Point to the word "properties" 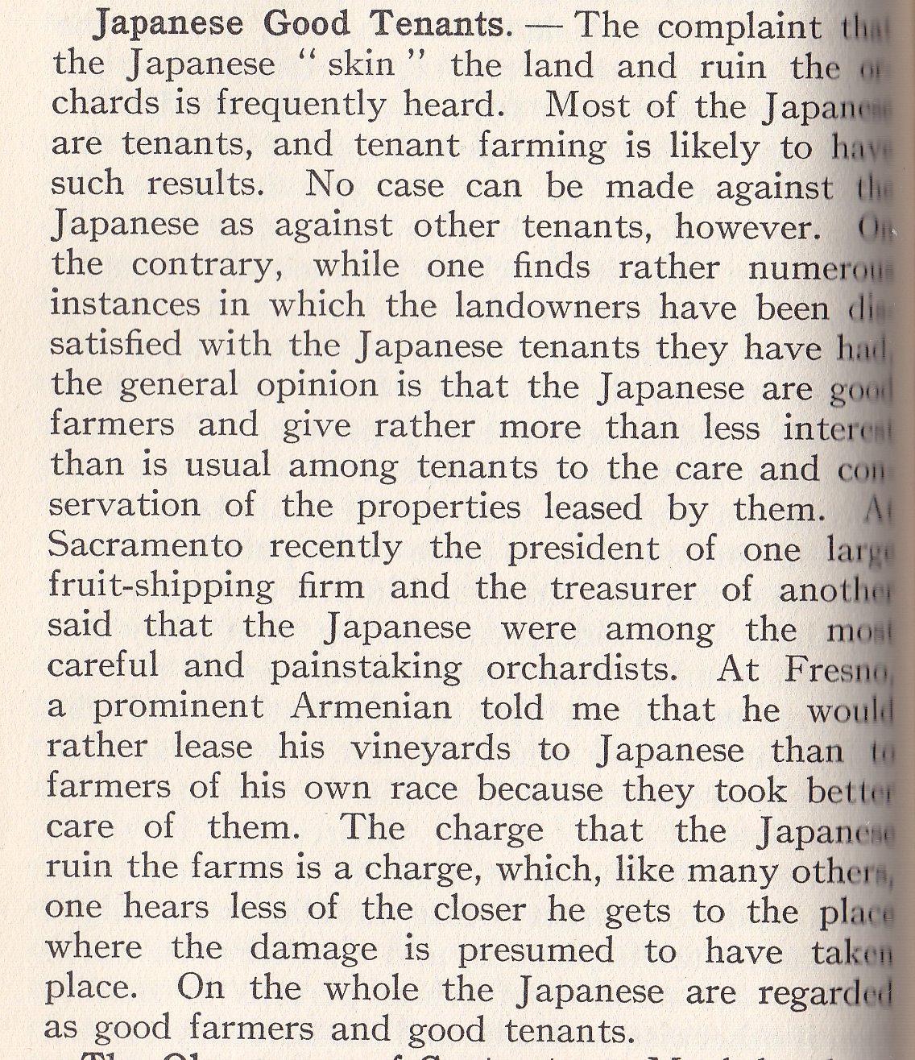coord(439,507)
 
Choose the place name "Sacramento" coord(145,546)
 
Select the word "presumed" coord(536,950)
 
